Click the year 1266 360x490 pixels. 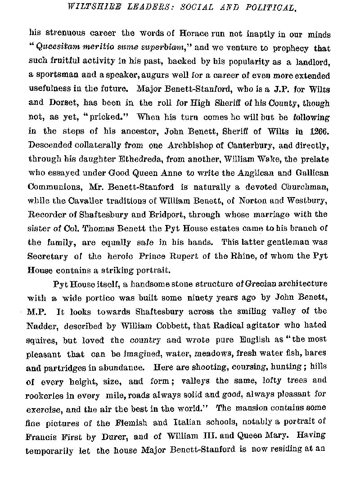(x=318, y=131)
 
